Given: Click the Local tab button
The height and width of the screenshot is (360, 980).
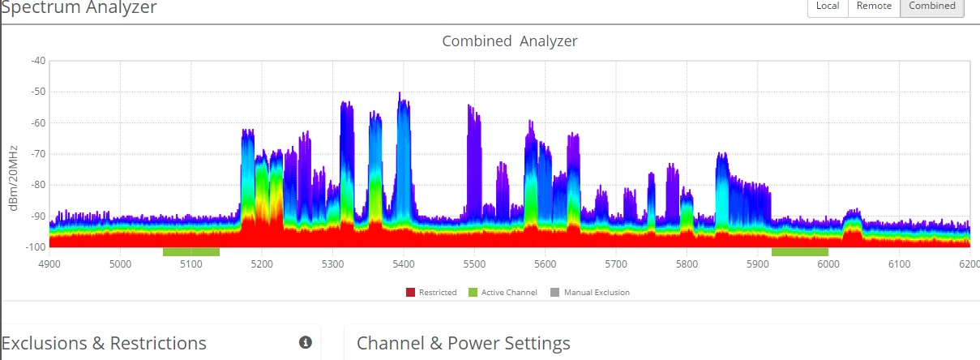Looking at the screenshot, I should tap(828, 6).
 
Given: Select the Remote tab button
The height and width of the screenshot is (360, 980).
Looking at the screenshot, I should tap(874, 6).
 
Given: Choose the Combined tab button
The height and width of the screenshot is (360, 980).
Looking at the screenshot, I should tap(932, 6).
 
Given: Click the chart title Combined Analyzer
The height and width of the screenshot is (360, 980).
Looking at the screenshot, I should tap(509, 41).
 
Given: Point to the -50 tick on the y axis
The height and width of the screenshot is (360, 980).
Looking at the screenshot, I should tap(37, 92).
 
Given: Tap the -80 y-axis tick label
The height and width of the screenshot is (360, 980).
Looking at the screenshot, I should tap(37, 185).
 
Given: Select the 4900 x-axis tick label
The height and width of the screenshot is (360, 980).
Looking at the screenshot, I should tap(49, 264).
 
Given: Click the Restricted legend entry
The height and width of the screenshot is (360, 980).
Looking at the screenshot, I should tap(432, 292).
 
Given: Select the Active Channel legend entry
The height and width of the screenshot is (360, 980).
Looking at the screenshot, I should tap(503, 292).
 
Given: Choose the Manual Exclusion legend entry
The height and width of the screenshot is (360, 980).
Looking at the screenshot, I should tap(590, 292).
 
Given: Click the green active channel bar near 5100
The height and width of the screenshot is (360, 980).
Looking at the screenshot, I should tap(191, 251).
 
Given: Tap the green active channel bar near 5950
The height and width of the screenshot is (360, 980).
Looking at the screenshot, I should tap(799, 251).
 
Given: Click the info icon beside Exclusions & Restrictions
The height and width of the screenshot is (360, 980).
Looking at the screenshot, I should tap(306, 343).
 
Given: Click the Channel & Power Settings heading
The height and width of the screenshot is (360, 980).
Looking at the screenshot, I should tap(464, 343).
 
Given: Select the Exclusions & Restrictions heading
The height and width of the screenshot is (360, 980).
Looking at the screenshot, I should tap(104, 343).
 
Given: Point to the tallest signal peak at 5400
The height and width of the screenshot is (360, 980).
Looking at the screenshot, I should tap(400, 96).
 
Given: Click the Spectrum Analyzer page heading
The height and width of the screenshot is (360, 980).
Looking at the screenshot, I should tap(79, 7).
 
